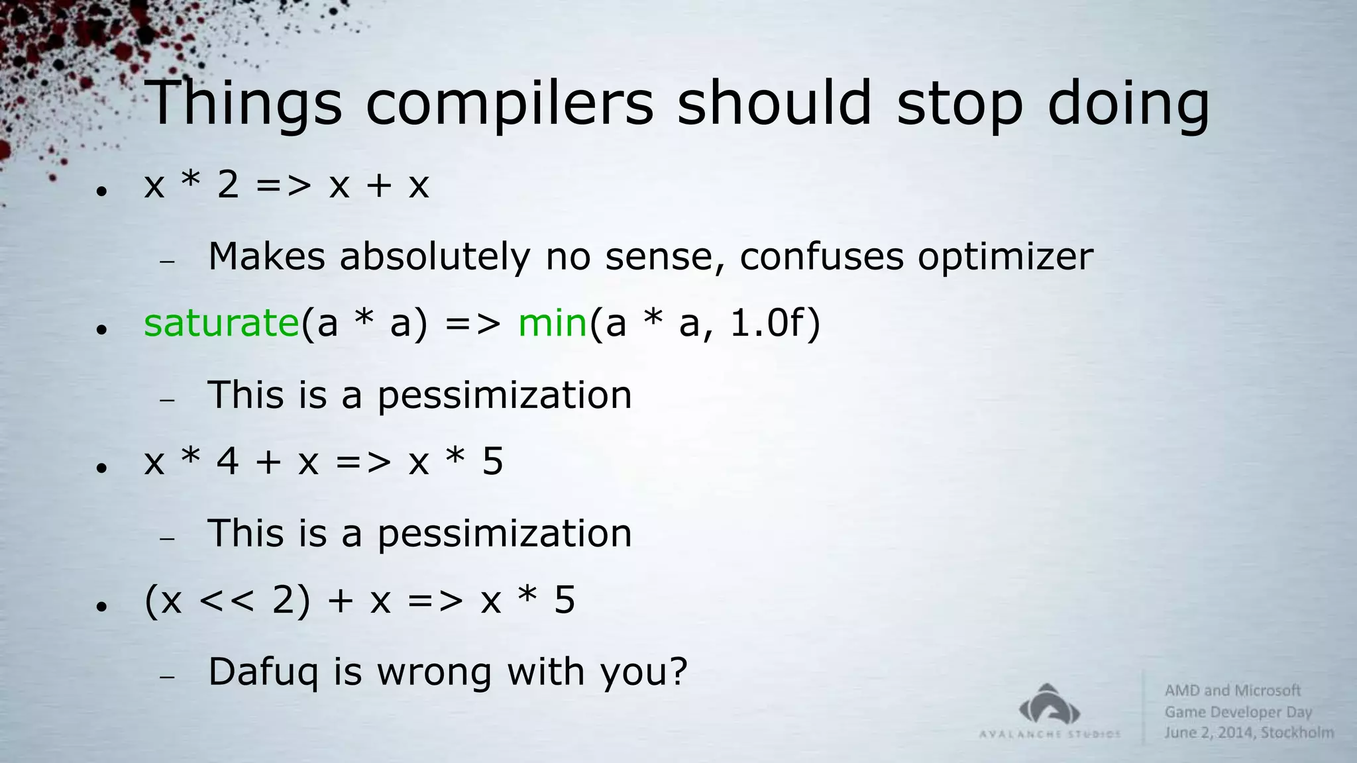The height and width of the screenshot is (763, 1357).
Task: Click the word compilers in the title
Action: [x=509, y=105]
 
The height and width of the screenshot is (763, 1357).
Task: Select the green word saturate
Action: [x=221, y=323]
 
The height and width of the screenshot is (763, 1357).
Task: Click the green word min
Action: [x=553, y=323]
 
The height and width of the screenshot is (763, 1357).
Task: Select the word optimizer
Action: [x=1005, y=257]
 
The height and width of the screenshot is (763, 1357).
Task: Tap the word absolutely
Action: [x=435, y=257]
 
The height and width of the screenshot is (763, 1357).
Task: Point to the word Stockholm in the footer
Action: [x=1297, y=733]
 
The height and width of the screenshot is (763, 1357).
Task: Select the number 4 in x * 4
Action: [x=227, y=462]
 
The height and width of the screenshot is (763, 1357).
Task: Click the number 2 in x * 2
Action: [x=227, y=185]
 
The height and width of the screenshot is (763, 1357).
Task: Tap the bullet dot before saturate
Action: [x=101, y=329]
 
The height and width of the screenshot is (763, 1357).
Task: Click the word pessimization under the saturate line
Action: [x=504, y=395]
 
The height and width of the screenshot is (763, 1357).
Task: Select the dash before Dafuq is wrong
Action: [x=167, y=677]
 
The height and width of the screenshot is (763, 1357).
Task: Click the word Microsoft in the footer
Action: [x=1268, y=690]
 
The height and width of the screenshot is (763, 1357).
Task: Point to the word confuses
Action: [x=822, y=257]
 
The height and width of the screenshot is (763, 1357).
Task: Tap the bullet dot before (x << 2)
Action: [x=101, y=606]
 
